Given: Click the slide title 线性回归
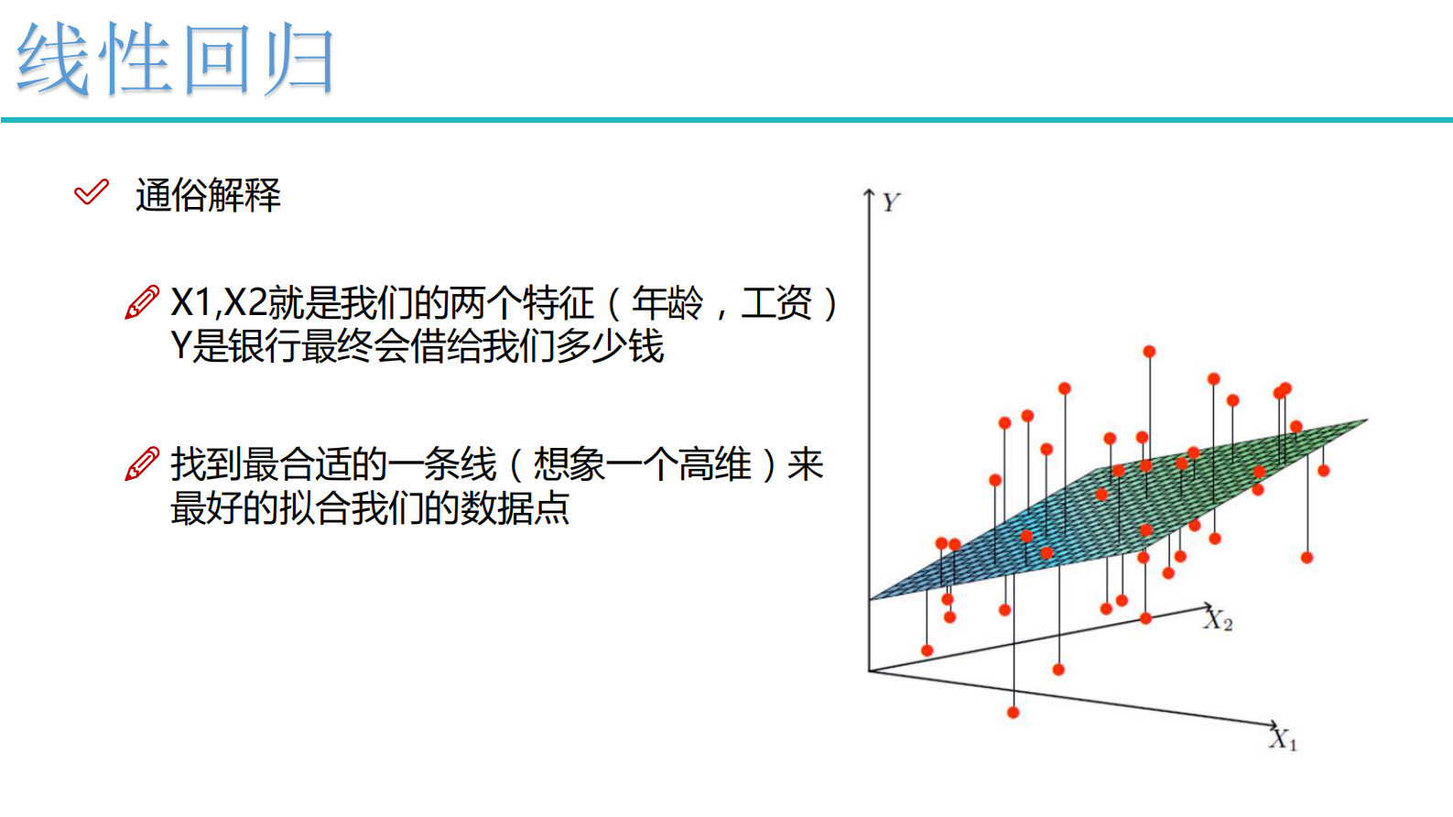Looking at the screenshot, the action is tap(175, 59).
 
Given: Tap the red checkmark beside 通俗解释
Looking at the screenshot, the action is tap(92, 192).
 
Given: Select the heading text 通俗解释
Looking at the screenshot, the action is tap(208, 195).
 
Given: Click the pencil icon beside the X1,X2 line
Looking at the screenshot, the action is tap(142, 302).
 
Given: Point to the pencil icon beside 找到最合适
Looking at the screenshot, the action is tap(142, 463).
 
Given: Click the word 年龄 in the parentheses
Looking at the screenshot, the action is tap(667, 303).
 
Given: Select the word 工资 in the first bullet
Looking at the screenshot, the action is tap(776, 303).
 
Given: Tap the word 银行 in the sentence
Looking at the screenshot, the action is tap(264, 346).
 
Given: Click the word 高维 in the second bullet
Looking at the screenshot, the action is tap(715, 464).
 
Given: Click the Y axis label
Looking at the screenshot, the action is tap(891, 202).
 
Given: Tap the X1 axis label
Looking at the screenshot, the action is tap(1283, 739).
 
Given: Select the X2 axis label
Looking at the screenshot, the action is tap(1219, 620).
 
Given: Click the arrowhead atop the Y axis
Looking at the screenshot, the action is tap(869, 192).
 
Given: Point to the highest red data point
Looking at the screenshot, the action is tap(1149, 352).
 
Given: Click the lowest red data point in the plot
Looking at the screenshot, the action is tap(1014, 713).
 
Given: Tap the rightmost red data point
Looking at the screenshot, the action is tap(1324, 471).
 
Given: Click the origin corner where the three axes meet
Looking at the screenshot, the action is tap(869, 671).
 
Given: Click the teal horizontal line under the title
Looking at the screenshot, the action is tap(727, 120).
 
